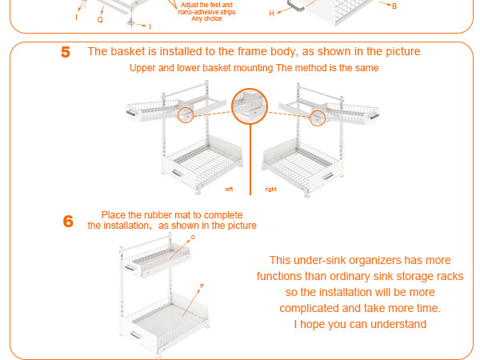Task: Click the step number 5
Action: (66, 52)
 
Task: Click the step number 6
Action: (68, 222)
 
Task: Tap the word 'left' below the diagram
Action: (229, 189)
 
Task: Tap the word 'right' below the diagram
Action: (271, 189)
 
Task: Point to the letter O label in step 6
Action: (193, 238)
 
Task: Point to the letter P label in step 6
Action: (202, 286)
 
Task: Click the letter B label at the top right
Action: (394, 6)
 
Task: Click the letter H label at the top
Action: (271, 14)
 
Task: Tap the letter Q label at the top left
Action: (100, 20)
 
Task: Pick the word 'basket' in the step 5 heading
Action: (128, 51)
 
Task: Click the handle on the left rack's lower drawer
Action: (177, 174)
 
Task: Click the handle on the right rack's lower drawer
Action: (328, 176)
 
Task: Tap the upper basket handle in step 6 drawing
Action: (130, 268)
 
